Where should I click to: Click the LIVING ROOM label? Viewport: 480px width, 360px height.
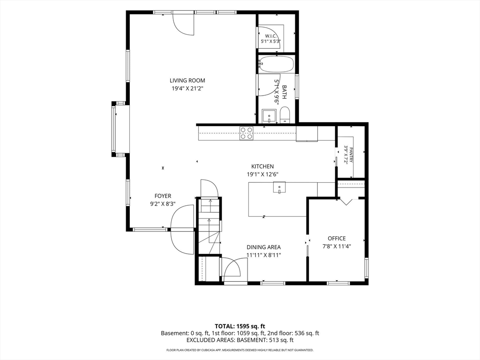(x=187, y=81)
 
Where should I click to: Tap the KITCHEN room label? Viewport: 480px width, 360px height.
(x=262, y=166)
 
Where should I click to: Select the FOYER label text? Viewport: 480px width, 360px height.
(x=163, y=196)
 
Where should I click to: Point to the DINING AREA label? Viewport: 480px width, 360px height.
(x=263, y=247)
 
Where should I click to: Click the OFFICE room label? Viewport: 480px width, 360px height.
(x=337, y=239)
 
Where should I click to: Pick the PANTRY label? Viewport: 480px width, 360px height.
(x=351, y=156)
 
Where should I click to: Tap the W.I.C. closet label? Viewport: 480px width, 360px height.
(x=271, y=36)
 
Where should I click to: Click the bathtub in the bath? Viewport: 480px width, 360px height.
(x=276, y=64)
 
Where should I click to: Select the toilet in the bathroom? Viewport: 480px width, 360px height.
(x=285, y=115)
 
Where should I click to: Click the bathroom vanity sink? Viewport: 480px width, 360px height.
(x=270, y=116)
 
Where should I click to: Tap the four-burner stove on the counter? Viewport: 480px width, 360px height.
(x=247, y=134)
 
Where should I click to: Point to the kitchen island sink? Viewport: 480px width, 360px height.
(x=279, y=187)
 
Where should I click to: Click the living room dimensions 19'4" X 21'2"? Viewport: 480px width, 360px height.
(x=187, y=89)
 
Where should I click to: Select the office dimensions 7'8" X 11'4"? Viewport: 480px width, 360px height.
(x=337, y=246)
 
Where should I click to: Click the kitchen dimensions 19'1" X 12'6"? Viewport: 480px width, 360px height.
(x=262, y=174)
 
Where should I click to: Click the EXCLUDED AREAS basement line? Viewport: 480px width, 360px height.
(x=240, y=340)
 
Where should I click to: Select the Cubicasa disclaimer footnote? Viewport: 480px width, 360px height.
(x=240, y=350)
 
